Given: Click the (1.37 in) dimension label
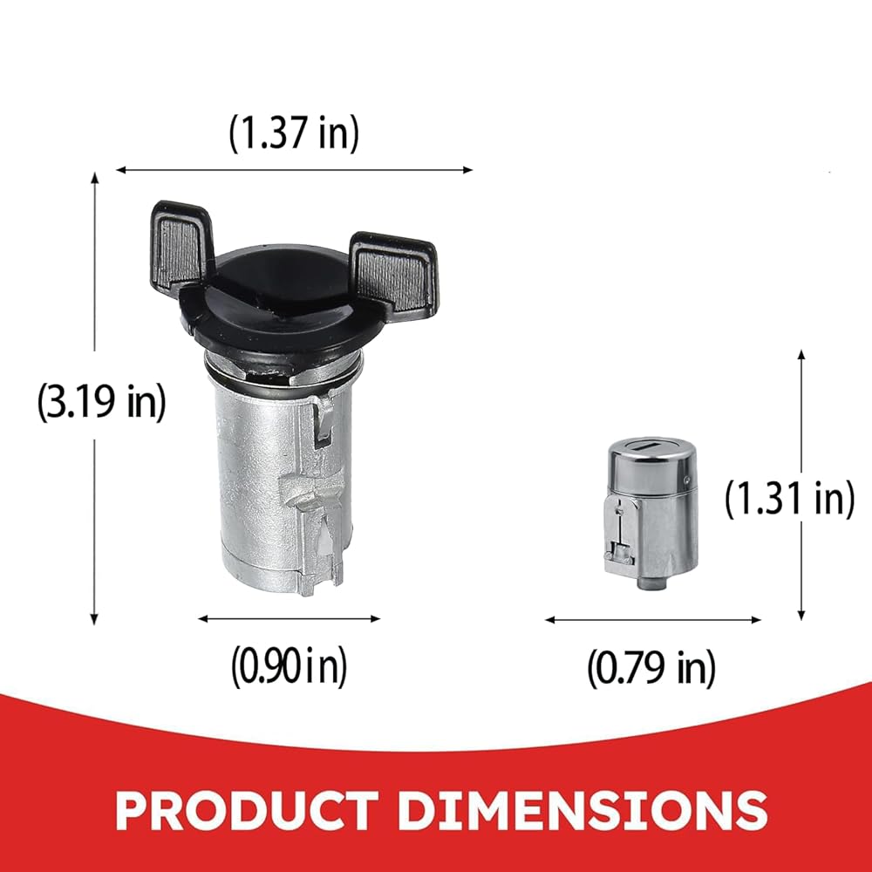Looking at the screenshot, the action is [x=294, y=133].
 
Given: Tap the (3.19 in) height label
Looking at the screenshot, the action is [x=101, y=401].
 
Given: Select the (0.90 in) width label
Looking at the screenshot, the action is [x=289, y=665].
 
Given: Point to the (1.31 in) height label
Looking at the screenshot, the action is [x=790, y=499].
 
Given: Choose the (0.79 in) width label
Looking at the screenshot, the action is [x=651, y=668].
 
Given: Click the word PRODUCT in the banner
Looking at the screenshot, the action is [x=246, y=810].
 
